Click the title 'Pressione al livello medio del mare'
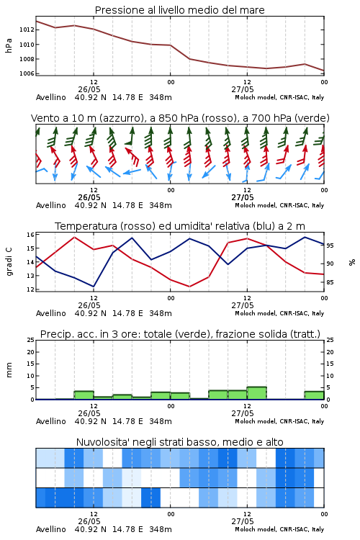(179, 10)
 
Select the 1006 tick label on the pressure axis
(27, 73)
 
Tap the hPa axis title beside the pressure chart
(9, 45)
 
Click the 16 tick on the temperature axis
(30, 235)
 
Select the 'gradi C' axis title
(9, 261)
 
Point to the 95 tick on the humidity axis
(330, 246)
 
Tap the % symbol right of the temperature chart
(352, 262)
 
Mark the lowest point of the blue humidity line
(94, 287)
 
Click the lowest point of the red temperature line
(189, 287)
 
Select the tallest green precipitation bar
(256, 393)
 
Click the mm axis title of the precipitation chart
(9, 370)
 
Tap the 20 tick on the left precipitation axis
(30, 352)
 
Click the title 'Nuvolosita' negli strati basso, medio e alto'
(179, 442)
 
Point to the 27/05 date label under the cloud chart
(243, 521)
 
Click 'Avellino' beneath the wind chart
(50, 205)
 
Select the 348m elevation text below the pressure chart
(161, 97)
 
